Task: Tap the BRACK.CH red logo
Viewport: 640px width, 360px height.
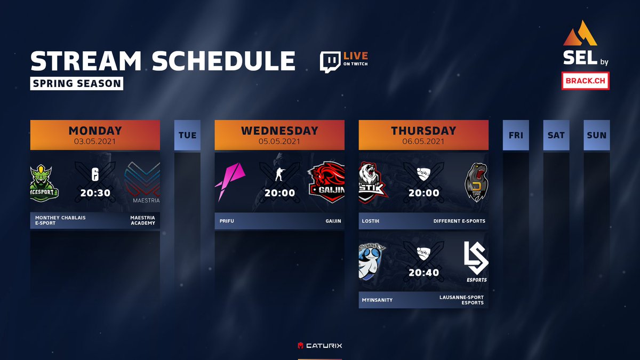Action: coord(585,81)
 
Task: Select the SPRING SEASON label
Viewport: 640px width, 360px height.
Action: coord(76,84)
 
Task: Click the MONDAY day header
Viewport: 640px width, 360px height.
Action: coord(95,135)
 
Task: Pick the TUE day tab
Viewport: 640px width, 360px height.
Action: coord(188,135)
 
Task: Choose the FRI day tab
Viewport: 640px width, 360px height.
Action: coord(516,135)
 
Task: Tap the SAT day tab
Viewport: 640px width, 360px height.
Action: coord(556,135)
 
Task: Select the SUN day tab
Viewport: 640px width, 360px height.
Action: coord(597,135)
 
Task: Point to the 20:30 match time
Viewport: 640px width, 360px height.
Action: coord(95,193)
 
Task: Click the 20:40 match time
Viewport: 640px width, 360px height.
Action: coord(423,273)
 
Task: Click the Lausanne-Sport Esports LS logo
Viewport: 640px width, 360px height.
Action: coord(474,262)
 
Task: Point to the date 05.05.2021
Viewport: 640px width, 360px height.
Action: coord(279,141)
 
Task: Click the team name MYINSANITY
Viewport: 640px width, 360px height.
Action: coord(378,300)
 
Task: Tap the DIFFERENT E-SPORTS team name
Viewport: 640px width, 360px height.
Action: coord(459,220)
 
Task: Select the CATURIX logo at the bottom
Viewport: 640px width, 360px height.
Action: coord(320,345)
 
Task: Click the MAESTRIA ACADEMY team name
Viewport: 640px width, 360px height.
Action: coord(142,220)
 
